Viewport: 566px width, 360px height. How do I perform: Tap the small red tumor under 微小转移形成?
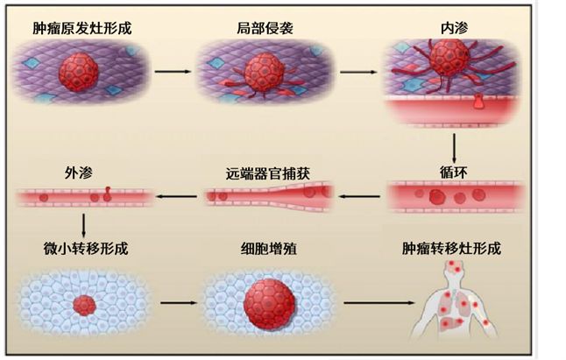[83, 306]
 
